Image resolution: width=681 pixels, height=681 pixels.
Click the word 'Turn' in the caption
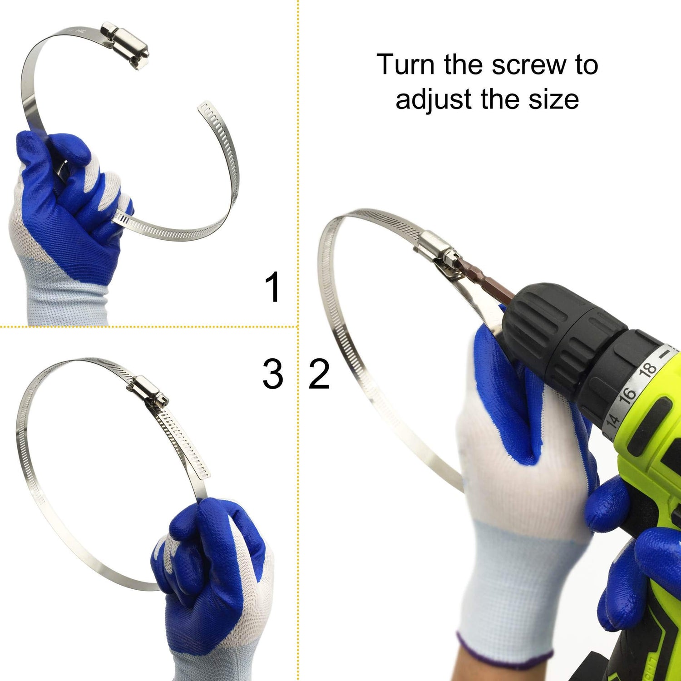[x=406, y=64]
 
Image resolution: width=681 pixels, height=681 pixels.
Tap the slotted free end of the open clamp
[x=207, y=113]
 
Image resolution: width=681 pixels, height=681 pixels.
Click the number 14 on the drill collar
[x=613, y=420]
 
